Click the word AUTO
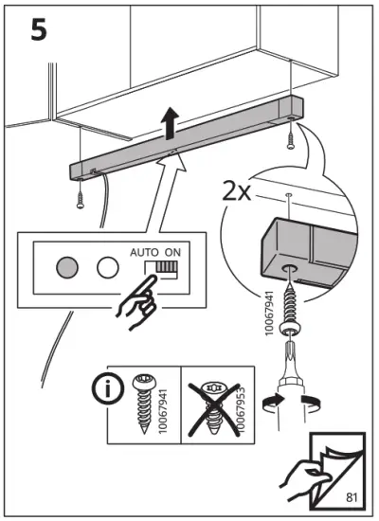[x=145, y=254]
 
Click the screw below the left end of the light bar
[x=82, y=197]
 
